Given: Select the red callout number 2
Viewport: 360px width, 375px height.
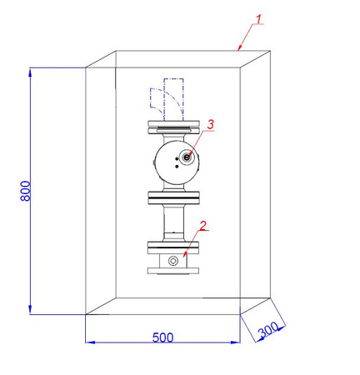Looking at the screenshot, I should tap(202, 225).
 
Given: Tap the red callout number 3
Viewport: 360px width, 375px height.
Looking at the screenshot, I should tap(211, 124).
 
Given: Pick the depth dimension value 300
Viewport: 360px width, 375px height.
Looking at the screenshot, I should tap(268, 330).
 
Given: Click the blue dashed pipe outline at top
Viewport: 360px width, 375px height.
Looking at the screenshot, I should tap(173, 94).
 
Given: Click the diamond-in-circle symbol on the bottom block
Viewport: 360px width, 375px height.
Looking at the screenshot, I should tap(173, 262).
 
